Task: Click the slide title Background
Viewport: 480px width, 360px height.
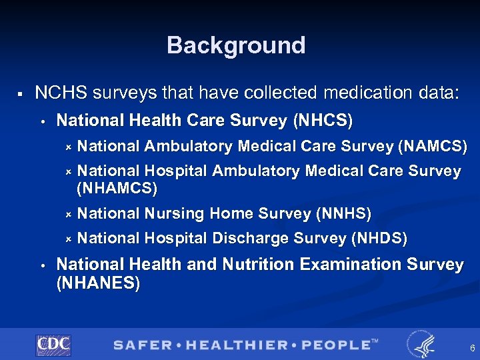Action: pyautogui.click(x=236, y=45)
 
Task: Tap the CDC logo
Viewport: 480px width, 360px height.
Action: pyautogui.click(x=53, y=345)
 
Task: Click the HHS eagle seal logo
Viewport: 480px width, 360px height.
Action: pyautogui.click(x=420, y=344)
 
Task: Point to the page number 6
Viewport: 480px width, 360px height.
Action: pyautogui.click(x=472, y=348)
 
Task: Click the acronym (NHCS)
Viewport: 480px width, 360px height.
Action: pyautogui.click(x=323, y=121)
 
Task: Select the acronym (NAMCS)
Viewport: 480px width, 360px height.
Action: pyautogui.click(x=433, y=146)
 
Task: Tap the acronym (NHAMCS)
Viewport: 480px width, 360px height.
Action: pyautogui.click(x=117, y=189)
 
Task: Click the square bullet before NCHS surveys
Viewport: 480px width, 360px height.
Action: pyautogui.click(x=22, y=94)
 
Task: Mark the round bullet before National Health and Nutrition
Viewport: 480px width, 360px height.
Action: pyautogui.click(x=42, y=265)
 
